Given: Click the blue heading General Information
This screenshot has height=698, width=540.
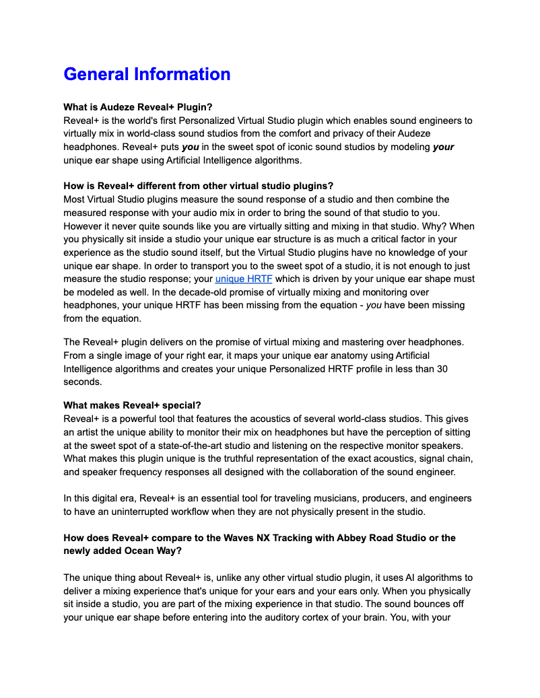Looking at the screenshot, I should tap(147, 74).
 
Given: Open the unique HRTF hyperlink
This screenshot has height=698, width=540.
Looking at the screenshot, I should tap(244, 279).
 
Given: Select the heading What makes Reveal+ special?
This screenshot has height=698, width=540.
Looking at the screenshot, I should tap(132, 405).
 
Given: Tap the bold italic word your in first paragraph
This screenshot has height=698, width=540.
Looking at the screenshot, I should tap(443, 147).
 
